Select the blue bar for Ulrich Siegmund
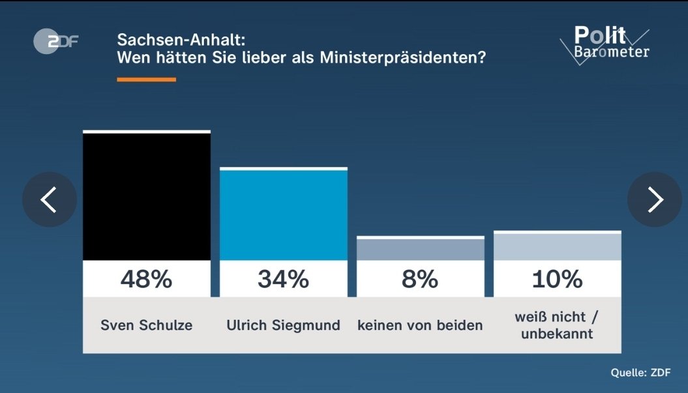tap(284, 214)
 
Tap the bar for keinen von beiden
tap(421, 248)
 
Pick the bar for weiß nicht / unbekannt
tap(557, 246)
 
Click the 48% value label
tap(147, 279)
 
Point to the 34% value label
tap(284, 279)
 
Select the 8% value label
tap(420, 279)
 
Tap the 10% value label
tap(557, 279)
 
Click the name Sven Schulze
tap(147, 325)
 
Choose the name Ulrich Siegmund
tap(284, 325)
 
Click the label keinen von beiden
tap(420, 325)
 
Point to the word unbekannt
tap(557, 334)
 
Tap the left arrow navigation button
tap(50, 199)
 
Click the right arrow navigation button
tap(655, 199)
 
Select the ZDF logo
tap(55, 41)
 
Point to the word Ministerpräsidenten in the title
tap(403, 57)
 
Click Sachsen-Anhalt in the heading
tap(181, 40)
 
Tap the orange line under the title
tap(147, 80)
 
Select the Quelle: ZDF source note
tap(640, 372)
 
